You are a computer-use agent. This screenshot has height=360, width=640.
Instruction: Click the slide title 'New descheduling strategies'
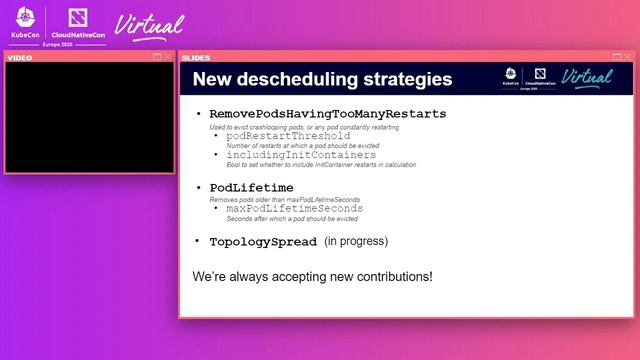[x=321, y=80]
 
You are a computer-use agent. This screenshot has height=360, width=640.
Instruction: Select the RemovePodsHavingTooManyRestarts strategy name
[x=328, y=114]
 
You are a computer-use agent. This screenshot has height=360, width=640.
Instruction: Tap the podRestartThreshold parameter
[x=288, y=136]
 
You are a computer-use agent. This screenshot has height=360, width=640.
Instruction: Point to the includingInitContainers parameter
[x=301, y=155]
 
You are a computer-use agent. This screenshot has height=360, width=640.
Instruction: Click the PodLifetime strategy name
[x=251, y=188]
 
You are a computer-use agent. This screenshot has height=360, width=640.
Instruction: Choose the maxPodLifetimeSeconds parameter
[x=295, y=209]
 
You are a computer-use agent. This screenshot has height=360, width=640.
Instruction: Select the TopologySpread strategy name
[x=262, y=242]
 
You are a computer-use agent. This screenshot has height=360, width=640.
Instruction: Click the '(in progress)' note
[x=356, y=242]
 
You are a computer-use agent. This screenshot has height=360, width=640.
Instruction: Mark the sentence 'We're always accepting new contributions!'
[x=312, y=275]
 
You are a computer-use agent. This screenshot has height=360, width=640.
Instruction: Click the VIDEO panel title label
[x=21, y=57]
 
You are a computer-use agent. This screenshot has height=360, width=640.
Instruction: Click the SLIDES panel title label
[x=196, y=57]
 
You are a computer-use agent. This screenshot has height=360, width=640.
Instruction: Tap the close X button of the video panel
[x=168, y=57]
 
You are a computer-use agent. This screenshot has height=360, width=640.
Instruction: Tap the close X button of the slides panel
[x=628, y=57]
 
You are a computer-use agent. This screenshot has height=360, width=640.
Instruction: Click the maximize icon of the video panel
[x=157, y=57]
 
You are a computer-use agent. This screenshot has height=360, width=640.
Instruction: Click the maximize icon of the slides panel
[x=617, y=57]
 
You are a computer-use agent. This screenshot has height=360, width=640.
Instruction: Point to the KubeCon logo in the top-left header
[x=26, y=25]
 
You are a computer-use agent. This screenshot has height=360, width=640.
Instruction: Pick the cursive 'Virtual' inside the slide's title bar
[x=587, y=77]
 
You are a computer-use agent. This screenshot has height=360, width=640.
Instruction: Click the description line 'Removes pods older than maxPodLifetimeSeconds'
[x=284, y=200]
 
